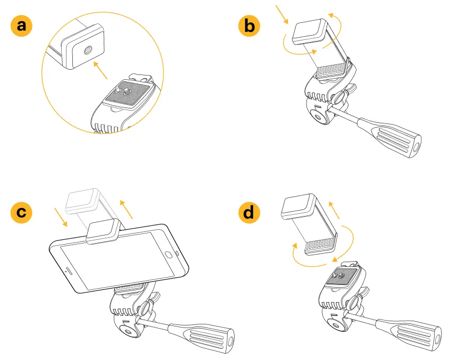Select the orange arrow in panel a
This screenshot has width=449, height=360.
(x=101, y=69)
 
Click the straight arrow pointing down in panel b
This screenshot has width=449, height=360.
(x=282, y=15)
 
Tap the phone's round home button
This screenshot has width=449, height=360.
(x=169, y=255)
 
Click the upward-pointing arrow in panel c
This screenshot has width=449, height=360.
(x=126, y=209)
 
